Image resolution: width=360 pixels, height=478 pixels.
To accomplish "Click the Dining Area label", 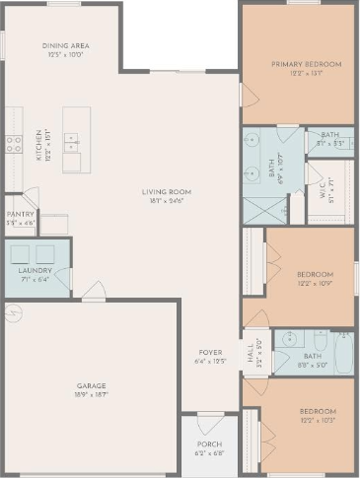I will (x=67, y=45).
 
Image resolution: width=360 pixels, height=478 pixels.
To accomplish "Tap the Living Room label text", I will (x=166, y=191).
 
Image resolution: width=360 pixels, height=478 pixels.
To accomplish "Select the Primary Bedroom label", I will (x=307, y=64).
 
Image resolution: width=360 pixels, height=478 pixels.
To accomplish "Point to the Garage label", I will (x=91, y=385).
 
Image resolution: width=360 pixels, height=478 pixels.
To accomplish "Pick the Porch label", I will (x=208, y=445).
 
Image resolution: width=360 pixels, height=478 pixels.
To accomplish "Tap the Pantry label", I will (x=20, y=214).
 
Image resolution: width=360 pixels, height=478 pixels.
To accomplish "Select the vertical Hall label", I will (x=250, y=352).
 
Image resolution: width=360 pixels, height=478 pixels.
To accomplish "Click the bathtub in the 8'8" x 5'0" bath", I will (x=344, y=354).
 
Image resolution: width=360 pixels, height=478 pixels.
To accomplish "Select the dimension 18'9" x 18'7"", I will (x=91, y=394).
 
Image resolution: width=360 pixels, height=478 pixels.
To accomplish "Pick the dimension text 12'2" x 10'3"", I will (x=319, y=420).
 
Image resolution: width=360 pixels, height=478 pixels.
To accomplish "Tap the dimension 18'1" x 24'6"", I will (x=166, y=200).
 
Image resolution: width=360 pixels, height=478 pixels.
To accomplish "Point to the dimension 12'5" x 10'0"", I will (x=67, y=54).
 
